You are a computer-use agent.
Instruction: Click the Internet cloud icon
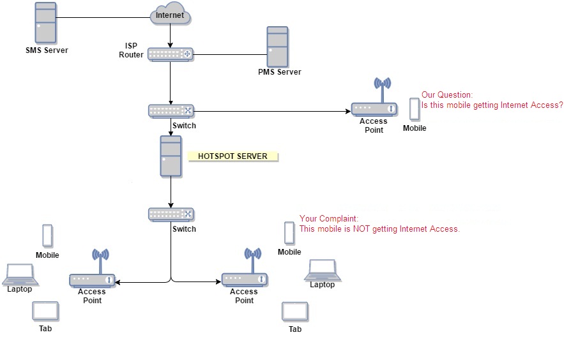pyautogui.click(x=170, y=15)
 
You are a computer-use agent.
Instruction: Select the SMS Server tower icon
pyautogui.click(x=46, y=23)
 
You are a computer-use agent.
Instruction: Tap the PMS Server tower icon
pyautogui.click(x=277, y=47)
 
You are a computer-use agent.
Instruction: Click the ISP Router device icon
pyautogui.click(x=171, y=54)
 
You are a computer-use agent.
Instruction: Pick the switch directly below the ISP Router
pyautogui.click(x=171, y=110)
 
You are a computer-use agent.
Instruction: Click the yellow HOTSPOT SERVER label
pyautogui.click(x=232, y=156)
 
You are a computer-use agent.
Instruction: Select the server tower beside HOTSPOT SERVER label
pyautogui.click(x=171, y=156)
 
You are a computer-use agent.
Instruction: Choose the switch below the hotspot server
pyautogui.click(x=171, y=214)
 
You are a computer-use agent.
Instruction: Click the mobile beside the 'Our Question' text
pyautogui.click(x=415, y=109)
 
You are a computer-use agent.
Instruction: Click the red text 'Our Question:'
pyautogui.click(x=447, y=95)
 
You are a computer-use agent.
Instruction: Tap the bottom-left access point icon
pyautogui.click(x=93, y=273)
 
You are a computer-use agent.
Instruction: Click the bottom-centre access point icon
pyautogui.click(x=245, y=273)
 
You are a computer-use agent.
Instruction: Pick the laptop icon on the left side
pyautogui.click(x=19, y=273)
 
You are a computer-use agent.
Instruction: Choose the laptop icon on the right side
pyautogui.click(x=323, y=269)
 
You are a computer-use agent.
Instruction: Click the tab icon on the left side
pyautogui.click(x=45, y=311)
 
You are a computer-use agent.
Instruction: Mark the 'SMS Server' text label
pyautogui.click(x=47, y=50)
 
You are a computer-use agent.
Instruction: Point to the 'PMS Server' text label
pyautogui.click(x=279, y=72)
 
